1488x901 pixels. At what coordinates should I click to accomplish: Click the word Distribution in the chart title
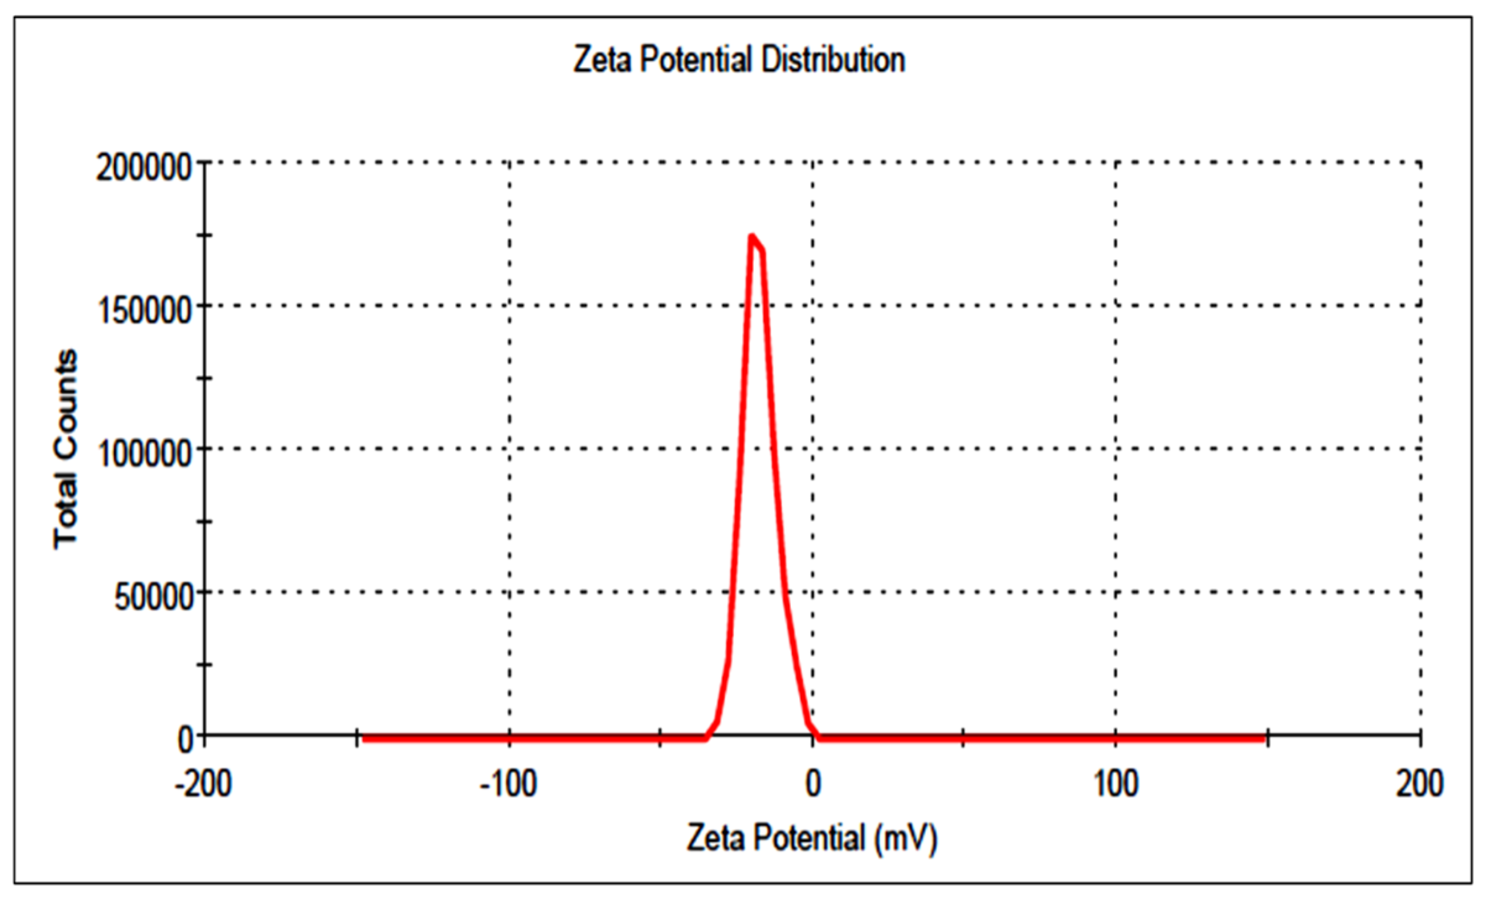(x=833, y=61)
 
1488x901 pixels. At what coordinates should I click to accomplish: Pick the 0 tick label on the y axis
(x=186, y=740)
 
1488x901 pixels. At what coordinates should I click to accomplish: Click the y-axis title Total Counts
(x=66, y=449)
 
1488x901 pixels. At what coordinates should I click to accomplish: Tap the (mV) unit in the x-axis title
(x=905, y=839)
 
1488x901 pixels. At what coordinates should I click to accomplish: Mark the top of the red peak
(x=751, y=236)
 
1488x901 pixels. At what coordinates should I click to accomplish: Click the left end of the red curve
(x=364, y=738)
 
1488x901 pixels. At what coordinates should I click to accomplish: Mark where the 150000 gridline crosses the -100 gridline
(x=510, y=305)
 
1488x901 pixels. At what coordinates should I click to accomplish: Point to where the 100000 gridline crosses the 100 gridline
(x=1116, y=449)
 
